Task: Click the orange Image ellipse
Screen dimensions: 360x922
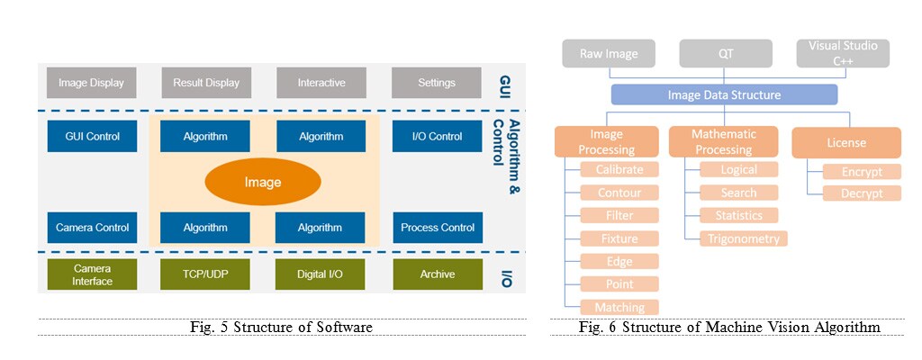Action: (x=263, y=182)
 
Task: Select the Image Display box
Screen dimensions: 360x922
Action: (x=91, y=83)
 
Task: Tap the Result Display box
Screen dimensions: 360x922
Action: (x=206, y=83)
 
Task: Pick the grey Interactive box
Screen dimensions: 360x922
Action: (x=321, y=83)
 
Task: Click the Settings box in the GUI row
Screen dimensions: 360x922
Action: (x=437, y=83)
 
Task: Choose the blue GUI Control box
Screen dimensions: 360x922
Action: (x=93, y=137)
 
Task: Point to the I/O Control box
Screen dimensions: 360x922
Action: (x=437, y=137)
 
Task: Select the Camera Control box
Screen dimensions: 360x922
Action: (x=93, y=228)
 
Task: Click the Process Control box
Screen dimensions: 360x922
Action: (x=437, y=228)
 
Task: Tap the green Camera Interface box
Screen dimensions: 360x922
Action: (x=93, y=274)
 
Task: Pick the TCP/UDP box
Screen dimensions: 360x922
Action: (x=205, y=274)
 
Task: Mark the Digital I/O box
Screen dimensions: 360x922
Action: (x=321, y=274)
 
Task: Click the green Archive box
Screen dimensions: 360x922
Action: (x=437, y=274)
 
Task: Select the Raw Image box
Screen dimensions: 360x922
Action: (x=608, y=53)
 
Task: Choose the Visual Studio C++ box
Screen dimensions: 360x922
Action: (x=843, y=53)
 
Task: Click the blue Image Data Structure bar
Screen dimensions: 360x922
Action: (x=724, y=94)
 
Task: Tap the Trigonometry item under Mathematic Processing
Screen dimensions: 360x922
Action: (x=743, y=238)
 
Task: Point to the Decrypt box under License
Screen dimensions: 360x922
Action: (x=862, y=193)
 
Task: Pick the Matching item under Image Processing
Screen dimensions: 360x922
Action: (x=619, y=308)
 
